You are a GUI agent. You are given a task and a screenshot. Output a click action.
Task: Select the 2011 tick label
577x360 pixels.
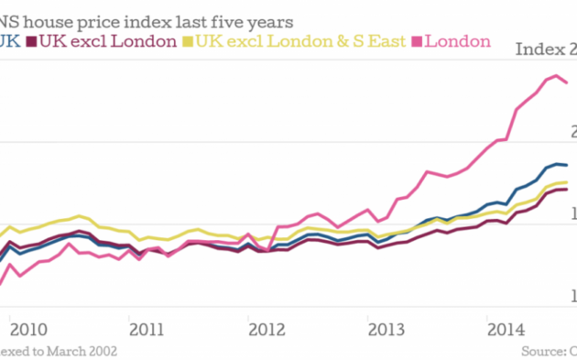147,329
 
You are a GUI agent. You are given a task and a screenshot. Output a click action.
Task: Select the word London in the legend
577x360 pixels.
459,41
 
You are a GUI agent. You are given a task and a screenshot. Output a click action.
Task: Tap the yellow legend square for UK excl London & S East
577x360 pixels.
189,41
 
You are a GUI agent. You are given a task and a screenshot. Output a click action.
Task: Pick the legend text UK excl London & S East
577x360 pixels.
302,41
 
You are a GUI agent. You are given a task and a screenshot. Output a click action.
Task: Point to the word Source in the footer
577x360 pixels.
540,351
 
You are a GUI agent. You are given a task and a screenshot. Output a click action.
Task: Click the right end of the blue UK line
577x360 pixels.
568,166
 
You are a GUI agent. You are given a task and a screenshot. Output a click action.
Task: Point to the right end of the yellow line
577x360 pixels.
568,182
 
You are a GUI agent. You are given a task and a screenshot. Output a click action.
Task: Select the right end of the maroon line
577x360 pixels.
568,190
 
